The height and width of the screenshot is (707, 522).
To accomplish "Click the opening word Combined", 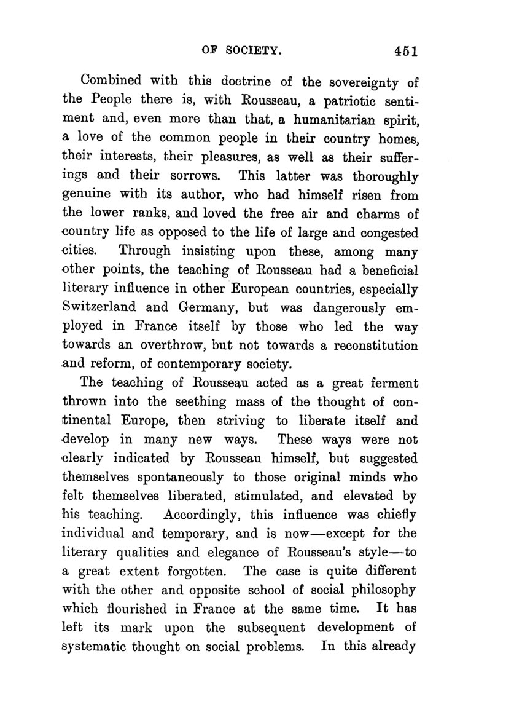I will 115,81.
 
